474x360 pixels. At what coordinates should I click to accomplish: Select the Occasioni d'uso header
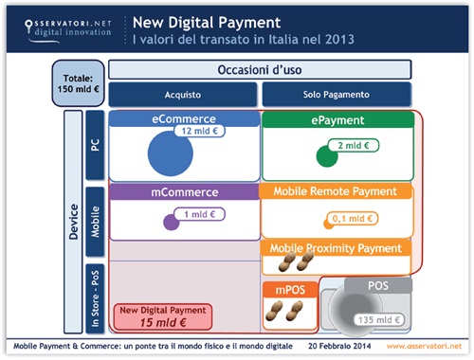259,70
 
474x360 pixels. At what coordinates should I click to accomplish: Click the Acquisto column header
182,95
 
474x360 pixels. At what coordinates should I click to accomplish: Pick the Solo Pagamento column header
336,95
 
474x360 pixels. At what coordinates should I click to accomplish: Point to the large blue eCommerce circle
176,151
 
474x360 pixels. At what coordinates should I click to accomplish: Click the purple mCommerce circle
171,223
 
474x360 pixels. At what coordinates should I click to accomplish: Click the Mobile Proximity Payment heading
337,248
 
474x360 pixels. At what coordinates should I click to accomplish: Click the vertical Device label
74,223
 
